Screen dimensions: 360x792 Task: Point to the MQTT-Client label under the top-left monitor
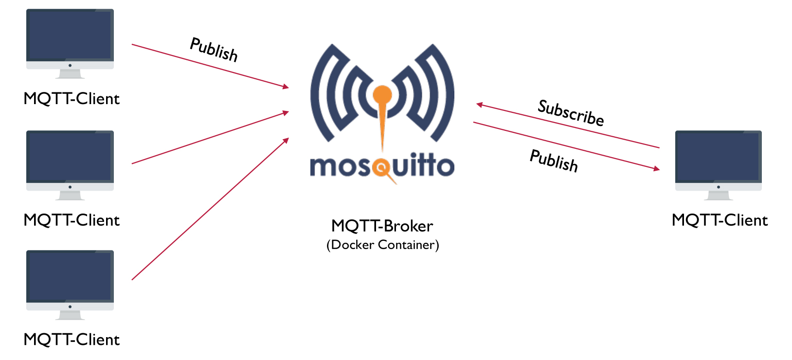point(72,99)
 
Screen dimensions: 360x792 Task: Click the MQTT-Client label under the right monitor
point(720,220)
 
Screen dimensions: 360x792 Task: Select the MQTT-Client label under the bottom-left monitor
point(72,340)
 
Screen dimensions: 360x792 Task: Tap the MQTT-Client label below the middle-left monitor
point(72,220)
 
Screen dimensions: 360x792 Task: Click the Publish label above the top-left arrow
point(214,50)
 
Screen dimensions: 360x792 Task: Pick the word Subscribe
point(571,113)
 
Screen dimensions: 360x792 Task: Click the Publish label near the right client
point(554,161)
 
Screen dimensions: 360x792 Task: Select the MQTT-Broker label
point(382,226)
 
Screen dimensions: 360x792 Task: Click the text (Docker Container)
point(382,245)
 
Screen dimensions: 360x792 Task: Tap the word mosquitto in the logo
point(382,166)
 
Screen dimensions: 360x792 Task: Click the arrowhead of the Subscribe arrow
point(479,105)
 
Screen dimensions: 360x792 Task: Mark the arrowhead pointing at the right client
point(657,169)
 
